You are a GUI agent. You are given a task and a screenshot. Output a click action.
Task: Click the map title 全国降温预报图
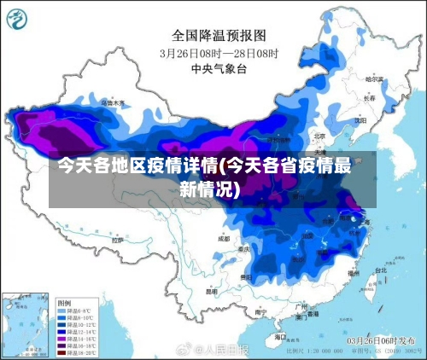click(x=219, y=36)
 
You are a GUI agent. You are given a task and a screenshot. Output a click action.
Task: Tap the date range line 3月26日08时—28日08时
click(x=219, y=52)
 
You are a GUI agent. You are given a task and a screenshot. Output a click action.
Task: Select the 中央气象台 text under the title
click(x=219, y=67)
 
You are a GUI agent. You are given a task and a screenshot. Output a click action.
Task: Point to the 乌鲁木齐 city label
click(x=113, y=102)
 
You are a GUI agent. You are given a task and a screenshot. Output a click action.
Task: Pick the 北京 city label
click(x=319, y=136)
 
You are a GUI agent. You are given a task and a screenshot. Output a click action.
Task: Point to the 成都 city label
click(x=224, y=239)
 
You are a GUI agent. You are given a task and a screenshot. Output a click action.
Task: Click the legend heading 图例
click(x=64, y=303)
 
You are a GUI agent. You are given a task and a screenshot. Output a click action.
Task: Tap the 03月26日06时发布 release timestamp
click(x=381, y=340)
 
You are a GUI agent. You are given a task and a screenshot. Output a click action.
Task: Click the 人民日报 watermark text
click(x=224, y=350)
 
